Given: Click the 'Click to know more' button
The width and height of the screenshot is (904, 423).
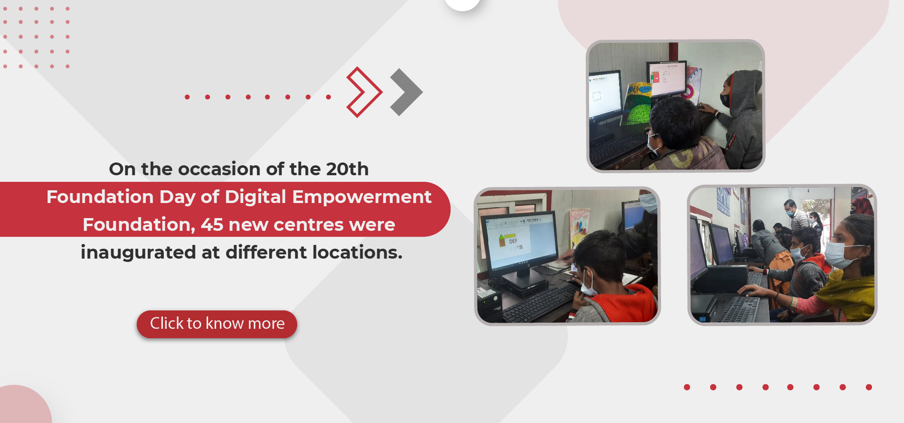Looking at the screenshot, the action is click(x=217, y=324).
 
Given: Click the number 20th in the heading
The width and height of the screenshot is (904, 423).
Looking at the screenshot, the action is click(x=347, y=169).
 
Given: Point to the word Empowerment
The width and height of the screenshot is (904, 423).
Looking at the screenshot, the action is click(x=362, y=197).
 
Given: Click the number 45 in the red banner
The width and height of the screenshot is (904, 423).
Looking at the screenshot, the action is click(x=212, y=225).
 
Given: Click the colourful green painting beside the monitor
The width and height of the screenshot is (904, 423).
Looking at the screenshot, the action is click(x=637, y=104).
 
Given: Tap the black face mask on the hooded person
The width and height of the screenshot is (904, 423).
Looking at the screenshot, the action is click(x=726, y=100).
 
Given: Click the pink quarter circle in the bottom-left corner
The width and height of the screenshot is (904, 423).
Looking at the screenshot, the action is click(x=24, y=405).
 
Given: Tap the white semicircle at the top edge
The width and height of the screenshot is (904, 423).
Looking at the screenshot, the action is click(x=462, y=4).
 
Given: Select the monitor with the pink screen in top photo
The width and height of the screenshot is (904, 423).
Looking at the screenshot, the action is click(x=667, y=80).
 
